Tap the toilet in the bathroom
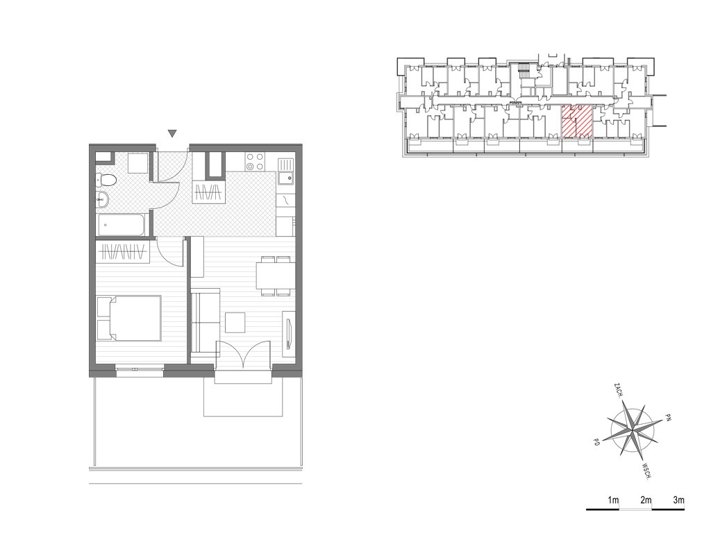[106, 181]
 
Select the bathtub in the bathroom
[121, 225]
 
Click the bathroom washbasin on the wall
[102, 198]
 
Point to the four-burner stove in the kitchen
[255, 162]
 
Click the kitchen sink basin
[285, 178]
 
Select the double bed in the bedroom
[129, 318]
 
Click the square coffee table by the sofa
[235, 323]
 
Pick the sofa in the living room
[205, 321]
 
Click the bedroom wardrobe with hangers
[122, 251]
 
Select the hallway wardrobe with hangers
[208, 193]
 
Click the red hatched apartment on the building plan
[577, 121]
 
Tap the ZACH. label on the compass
[617, 391]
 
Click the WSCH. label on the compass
[648, 471]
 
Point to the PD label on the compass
[596, 442]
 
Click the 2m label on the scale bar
[646, 500]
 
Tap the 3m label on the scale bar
[678, 500]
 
